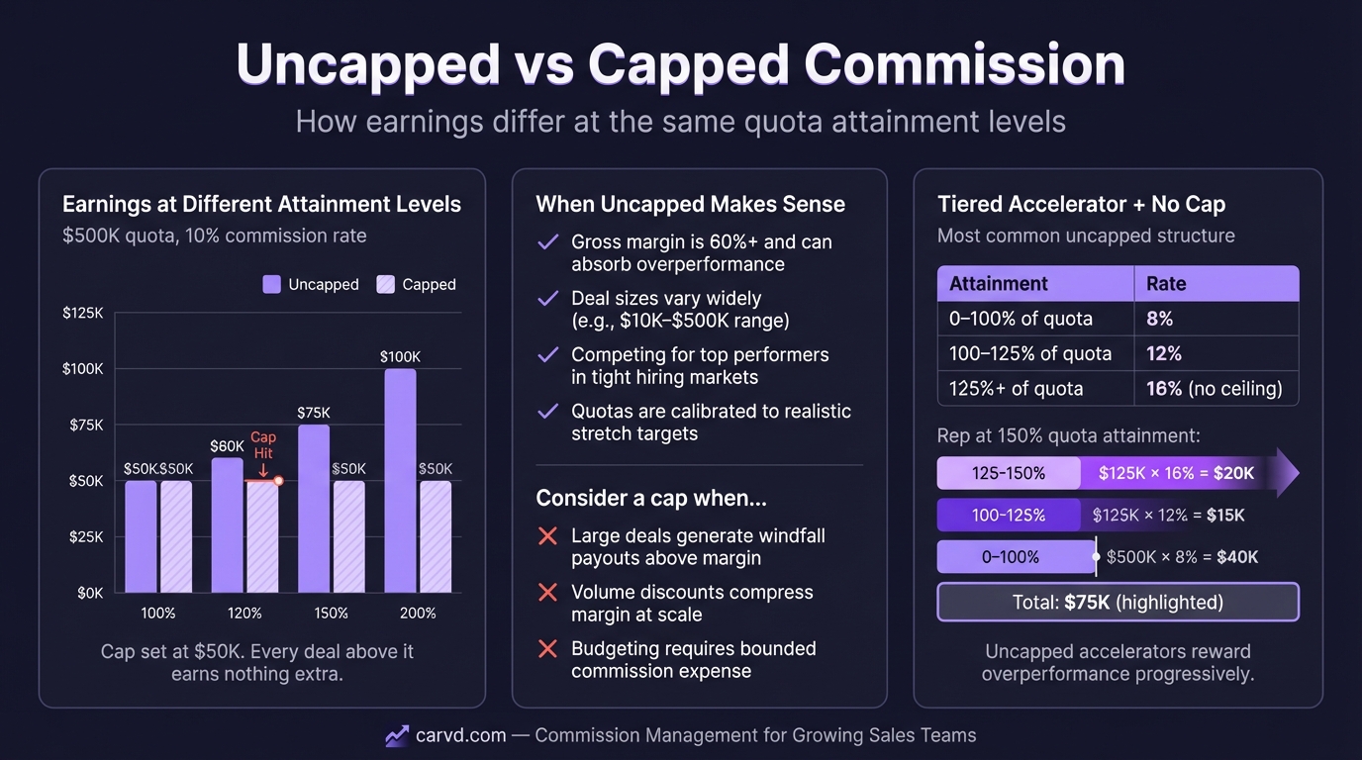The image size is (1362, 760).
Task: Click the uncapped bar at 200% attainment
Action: pyautogui.click(x=400, y=481)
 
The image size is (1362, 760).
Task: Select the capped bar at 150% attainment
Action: pyautogui.click(x=348, y=536)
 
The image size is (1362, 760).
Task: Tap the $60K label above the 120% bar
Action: pyautogui.click(x=227, y=446)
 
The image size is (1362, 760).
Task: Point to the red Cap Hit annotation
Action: pyautogui.click(x=262, y=445)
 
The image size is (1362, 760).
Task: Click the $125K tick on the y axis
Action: pyautogui.click(x=82, y=313)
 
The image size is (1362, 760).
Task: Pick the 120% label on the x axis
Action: pyautogui.click(x=244, y=613)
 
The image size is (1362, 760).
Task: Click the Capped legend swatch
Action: pyautogui.click(x=385, y=284)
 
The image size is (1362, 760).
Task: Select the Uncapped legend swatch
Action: pyautogui.click(x=271, y=284)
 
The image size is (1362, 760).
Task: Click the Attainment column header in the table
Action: pyautogui.click(x=998, y=284)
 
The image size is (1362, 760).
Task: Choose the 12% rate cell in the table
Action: pyautogui.click(x=1164, y=353)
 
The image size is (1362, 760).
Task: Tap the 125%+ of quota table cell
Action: pyautogui.click(x=1016, y=389)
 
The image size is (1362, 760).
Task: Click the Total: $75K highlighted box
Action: pyautogui.click(x=1118, y=602)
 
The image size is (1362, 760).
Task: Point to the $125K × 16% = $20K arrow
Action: pyautogui.click(x=1188, y=473)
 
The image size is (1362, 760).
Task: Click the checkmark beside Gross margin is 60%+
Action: pyautogui.click(x=546, y=242)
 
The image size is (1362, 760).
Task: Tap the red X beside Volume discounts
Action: pyautogui.click(x=546, y=593)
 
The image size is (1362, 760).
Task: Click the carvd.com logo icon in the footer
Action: pyautogui.click(x=397, y=735)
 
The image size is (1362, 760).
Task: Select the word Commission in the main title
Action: pyautogui.click(x=965, y=64)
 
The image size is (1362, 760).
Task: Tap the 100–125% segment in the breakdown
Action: pyautogui.click(x=1009, y=516)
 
